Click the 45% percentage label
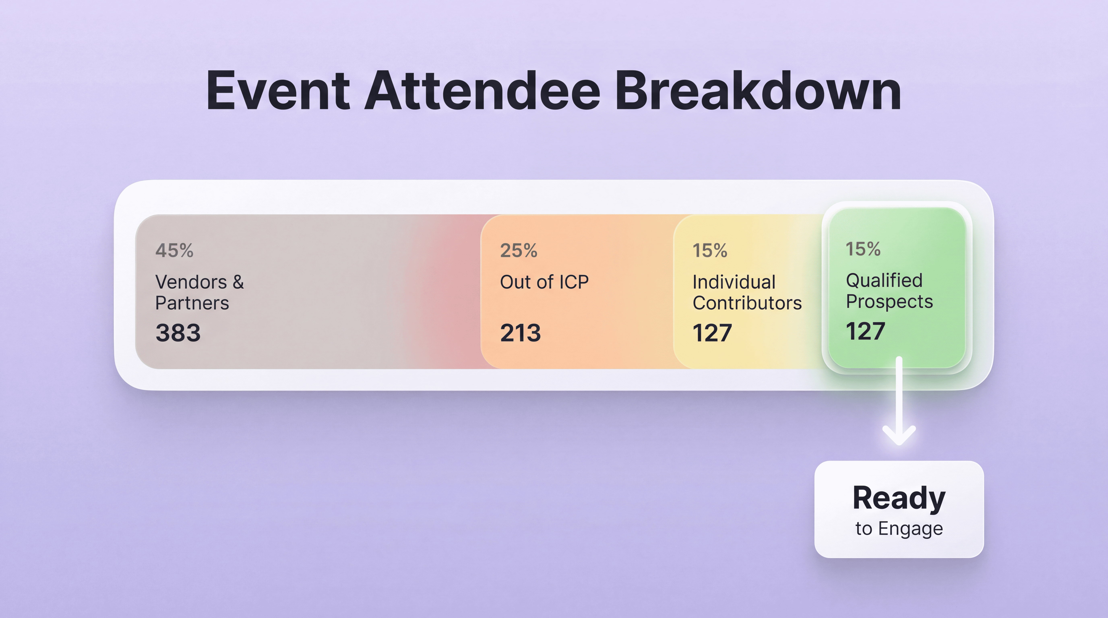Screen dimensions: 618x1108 (x=174, y=250)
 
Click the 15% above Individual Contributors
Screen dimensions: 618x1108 (x=710, y=250)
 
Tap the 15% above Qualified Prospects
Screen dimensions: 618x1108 (x=863, y=249)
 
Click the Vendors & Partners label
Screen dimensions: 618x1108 (x=199, y=292)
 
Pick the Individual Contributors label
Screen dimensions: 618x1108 (x=747, y=292)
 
